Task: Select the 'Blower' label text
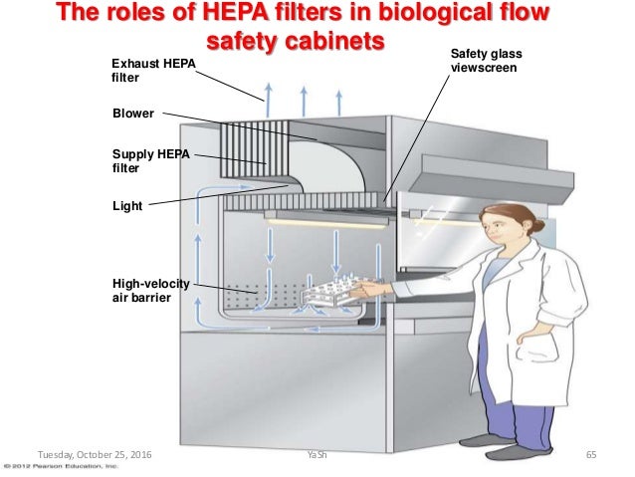(x=133, y=114)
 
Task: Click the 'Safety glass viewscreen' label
(x=485, y=63)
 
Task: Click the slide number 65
(x=590, y=455)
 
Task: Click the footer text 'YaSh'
(x=317, y=455)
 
